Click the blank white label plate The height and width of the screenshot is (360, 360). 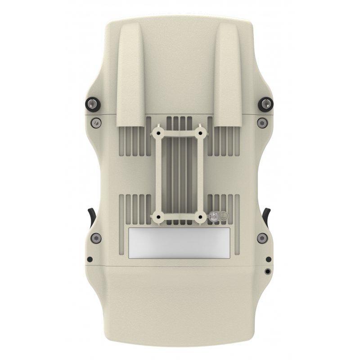(x=179, y=243)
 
